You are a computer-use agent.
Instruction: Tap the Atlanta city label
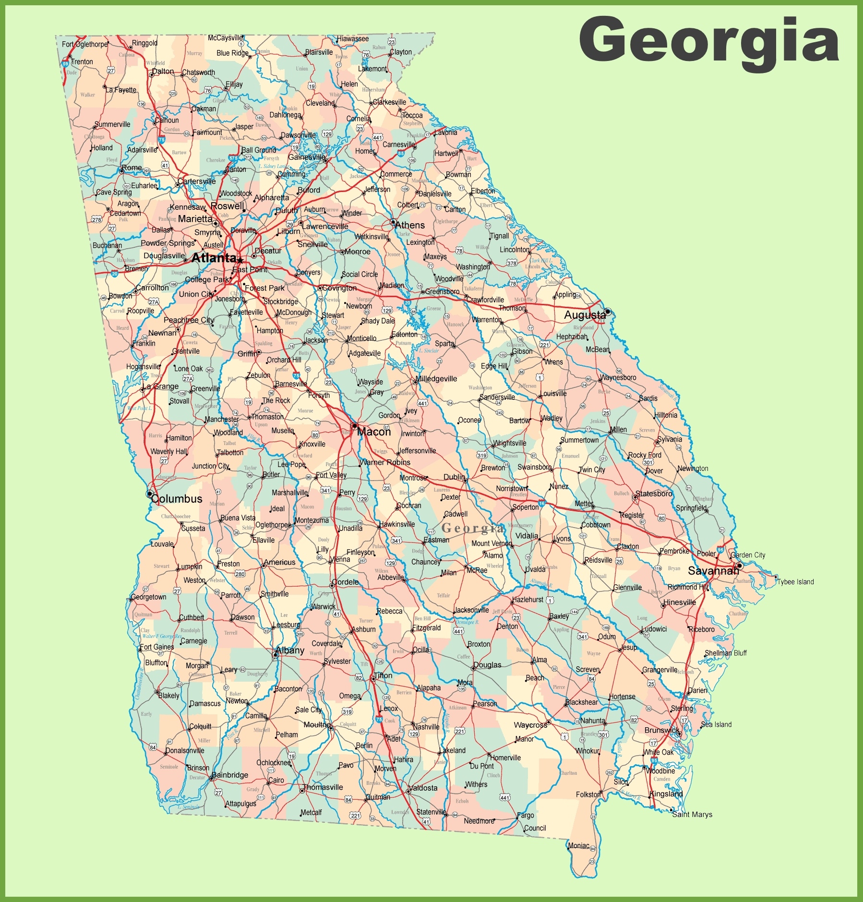tap(214, 258)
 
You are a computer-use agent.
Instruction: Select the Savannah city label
tap(713, 571)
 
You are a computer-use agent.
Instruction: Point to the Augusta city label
tap(585, 315)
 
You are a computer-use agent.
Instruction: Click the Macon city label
tap(374, 432)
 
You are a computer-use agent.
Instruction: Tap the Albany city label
tap(290, 650)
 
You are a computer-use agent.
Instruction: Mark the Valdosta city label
tap(423, 788)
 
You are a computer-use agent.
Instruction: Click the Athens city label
tap(410, 225)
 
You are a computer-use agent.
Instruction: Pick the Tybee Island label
tap(795, 582)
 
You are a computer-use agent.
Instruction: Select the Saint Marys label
tap(692, 814)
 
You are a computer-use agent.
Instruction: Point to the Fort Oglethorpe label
tap(85, 44)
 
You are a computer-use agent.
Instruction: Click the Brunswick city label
tap(662, 730)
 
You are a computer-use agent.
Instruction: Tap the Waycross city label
tap(530, 725)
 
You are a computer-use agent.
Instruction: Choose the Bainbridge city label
tap(230, 775)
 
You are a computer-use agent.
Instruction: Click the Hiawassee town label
tap(353, 39)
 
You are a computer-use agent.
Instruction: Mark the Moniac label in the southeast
tap(578, 845)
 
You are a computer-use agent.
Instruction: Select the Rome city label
tap(132, 168)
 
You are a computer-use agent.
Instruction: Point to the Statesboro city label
tap(654, 493)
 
